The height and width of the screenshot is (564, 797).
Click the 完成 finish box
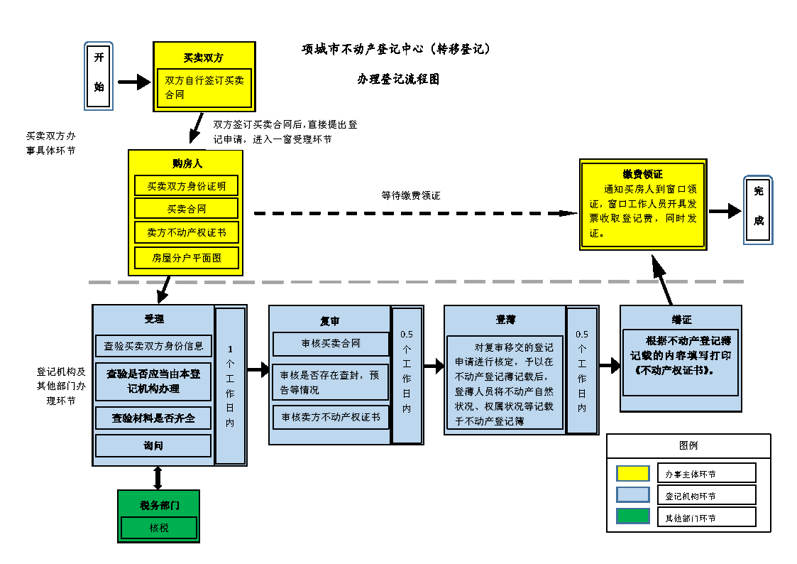pyautogui.click(x=758, y=211)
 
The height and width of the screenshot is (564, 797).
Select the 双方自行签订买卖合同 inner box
pyautogui.click(x=204, y=87)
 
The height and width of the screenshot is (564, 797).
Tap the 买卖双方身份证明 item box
pyautogui.click(x=187, y=186)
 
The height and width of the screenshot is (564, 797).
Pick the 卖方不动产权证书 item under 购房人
pyautogui.click(x=187, y=232)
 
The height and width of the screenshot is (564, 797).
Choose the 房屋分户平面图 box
pyautogui.click(x=187, y=258)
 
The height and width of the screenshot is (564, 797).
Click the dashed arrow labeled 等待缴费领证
pyautogui.click(x=415, y=212)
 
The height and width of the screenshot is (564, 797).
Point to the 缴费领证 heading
pyautogui.click(x=642, y=174)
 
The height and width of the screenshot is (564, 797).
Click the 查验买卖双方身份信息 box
pyautogui.click(x=153, y=346)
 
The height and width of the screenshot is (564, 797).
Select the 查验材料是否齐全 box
pyautogui.click(x=153, y=418)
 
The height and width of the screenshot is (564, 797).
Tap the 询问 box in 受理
pyautogui.click(x=153, y=445)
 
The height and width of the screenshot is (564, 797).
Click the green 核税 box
pyautogui.click(x=158, y=528)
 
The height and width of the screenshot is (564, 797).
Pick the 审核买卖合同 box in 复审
pyautogui.click(x=331, y=343)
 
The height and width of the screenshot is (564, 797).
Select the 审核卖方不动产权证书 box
pyautogui.click(x=331, y=417)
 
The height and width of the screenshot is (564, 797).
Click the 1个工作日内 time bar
pyautogui.click(x=230, y=386)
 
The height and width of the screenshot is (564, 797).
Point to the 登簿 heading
pyautogui.click(x=505, y=320)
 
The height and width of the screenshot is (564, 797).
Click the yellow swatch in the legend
pyautogui.click(x=632, y=473)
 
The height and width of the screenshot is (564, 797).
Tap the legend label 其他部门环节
pyautogui.click(x=690, y=518)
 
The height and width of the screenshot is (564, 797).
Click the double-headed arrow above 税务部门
pyautogui.click(x=158, y=477)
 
